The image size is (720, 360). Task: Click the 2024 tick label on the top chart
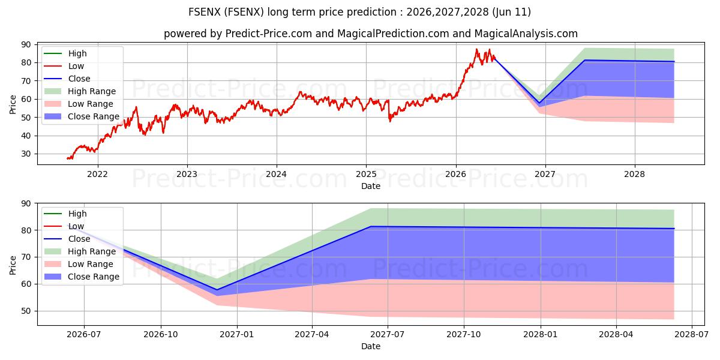[277, 174]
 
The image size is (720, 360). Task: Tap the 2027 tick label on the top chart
[545, 174]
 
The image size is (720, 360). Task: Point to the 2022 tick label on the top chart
[97, 174]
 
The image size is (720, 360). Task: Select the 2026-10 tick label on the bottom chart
[161, 335]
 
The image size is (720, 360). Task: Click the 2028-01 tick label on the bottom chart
[541, 335]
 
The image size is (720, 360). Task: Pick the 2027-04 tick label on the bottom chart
[312, 335]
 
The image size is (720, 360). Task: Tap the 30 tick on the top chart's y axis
[26, 154]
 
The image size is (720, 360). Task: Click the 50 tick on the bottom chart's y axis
[26, 311]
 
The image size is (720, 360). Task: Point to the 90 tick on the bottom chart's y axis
[26, 203]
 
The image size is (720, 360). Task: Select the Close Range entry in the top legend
[82, 116]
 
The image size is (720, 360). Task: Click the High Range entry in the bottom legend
[80, 251]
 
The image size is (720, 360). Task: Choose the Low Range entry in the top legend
[79, 104]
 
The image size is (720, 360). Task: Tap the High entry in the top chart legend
[65, 53]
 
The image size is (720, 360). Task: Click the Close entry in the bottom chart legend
[67, 239]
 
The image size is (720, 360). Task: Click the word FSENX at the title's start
[205, 12]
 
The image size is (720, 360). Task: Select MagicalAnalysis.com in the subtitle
[526, 34]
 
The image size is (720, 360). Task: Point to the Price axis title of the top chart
[13, 104]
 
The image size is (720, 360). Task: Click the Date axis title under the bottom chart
[371, 346]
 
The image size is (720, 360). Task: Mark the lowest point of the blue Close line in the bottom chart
[217, 290]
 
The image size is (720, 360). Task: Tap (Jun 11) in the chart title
[511, 12]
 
